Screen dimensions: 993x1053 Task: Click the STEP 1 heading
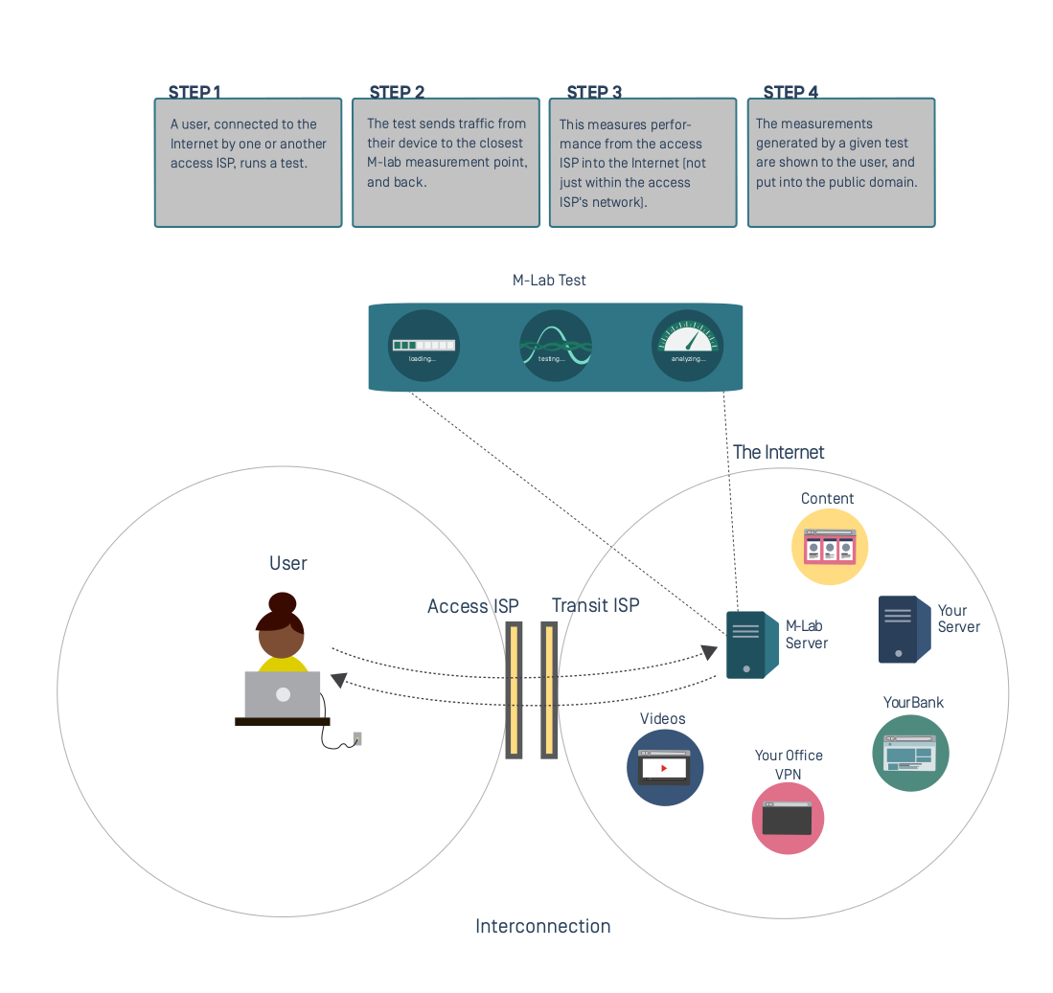pos(195,92)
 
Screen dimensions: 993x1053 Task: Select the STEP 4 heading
pos(790,92)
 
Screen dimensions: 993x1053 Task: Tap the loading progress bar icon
pos(423,345)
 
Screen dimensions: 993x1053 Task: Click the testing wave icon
pos(556,345)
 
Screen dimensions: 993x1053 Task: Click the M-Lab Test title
pos(549,281)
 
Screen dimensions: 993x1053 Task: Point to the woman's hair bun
pos(282,603)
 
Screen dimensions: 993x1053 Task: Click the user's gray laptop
pos(283,694)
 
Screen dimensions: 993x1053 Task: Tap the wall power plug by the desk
pos(357,738)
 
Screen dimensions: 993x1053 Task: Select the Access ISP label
pos(472,606)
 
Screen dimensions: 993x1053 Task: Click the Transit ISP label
pos(595,605)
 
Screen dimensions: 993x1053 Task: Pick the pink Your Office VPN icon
pos(788,818)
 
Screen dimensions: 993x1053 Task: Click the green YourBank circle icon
pos(910,753)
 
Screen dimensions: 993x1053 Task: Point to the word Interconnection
pos(542,926)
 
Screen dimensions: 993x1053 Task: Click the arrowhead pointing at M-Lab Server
pos(709,652)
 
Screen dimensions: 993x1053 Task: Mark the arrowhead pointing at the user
pos(338,680)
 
